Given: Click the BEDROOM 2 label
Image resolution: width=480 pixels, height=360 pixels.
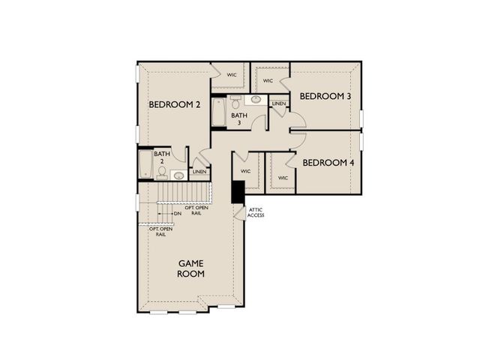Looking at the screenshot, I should point(174,105).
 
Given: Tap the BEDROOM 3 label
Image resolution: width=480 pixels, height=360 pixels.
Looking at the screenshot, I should point(325,96).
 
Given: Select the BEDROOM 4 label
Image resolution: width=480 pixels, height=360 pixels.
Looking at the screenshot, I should point(328,162).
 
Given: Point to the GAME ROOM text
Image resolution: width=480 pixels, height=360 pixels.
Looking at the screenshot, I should point(191,268).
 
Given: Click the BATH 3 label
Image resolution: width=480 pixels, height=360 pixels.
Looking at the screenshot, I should point(238,119).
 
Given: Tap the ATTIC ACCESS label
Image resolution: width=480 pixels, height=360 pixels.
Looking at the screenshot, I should point(256,213).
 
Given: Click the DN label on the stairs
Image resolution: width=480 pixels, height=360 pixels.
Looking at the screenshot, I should point(178,214).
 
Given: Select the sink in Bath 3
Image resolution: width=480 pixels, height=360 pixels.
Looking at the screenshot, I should point(255,99).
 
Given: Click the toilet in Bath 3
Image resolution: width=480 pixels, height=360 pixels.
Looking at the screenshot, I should point(235,103).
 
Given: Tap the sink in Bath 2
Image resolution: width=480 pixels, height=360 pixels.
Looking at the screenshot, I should point(178,175).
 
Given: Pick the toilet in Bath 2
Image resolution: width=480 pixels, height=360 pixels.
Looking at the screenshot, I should point(161,174).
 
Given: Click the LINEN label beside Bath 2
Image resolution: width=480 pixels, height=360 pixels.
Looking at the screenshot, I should point(199,172).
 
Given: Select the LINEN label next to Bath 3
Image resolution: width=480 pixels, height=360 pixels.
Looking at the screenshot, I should point(279,103).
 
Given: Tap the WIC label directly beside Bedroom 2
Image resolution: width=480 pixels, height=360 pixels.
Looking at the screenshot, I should point(232,75).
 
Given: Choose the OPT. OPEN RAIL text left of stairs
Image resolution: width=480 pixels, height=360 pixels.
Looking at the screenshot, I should point(160,231).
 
